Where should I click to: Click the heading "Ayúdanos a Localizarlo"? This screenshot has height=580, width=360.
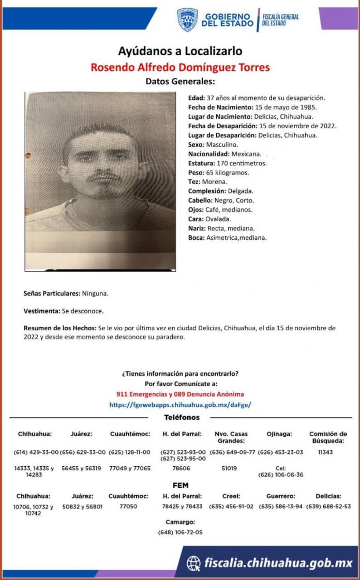[x=180, y=51]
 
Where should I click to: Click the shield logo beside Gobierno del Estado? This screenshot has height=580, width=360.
[x=187, y=20]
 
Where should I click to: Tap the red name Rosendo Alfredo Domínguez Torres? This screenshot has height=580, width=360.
[x=180, y=67]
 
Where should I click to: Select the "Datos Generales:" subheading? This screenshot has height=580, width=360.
[x=180, y=81]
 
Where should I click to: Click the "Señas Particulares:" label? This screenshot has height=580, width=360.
[x=52, y=293]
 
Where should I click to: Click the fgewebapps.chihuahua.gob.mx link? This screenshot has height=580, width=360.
[x=180, y=405]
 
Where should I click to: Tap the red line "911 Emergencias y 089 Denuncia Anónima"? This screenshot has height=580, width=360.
[x=180, y=394]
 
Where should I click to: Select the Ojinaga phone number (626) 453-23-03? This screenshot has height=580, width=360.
[x=280, y=452]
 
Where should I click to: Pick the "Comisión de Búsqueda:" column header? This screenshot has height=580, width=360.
[x=328, y=437]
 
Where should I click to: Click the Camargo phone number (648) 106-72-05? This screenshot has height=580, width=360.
[x=180, y=532]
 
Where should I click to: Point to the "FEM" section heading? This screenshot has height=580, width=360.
[x=180, y=485]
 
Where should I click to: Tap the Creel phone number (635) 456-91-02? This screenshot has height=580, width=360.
[x=231, y=507]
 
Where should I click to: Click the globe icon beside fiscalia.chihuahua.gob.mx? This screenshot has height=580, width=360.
[x=193, y=563]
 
